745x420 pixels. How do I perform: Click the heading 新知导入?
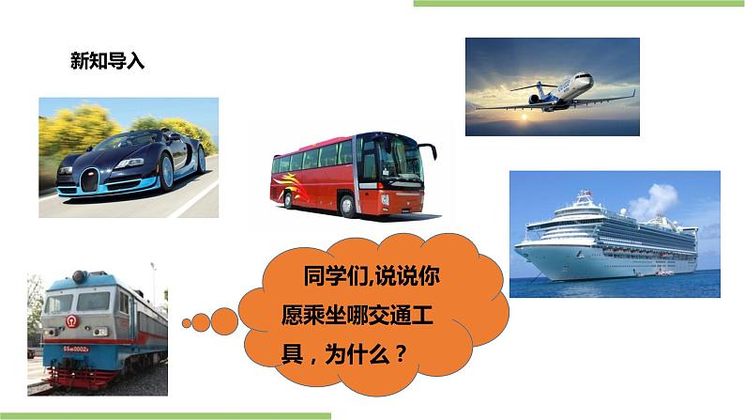pos(108,61)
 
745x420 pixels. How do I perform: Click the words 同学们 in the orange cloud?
pos(331,278)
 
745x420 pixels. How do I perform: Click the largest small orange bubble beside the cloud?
pos(225,320)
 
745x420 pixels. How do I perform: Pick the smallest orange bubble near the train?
pos(185,323)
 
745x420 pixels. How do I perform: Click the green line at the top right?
pos(578,4)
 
